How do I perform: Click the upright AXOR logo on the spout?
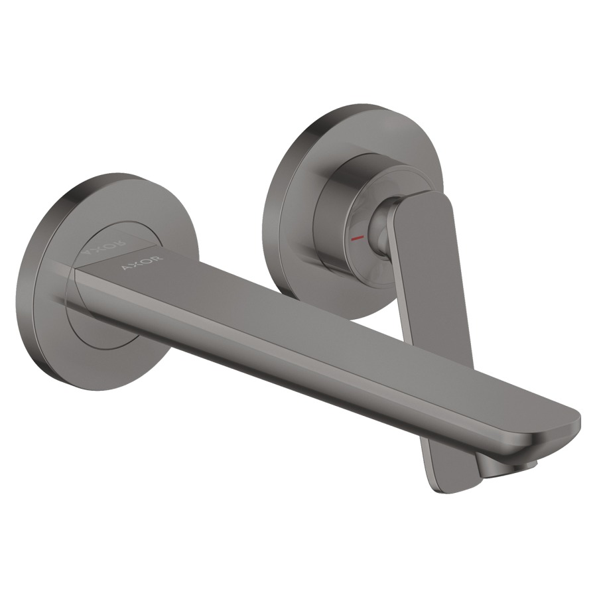pos(143,262)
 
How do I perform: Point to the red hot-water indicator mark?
pos(358,238)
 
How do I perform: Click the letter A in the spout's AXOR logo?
pos(127,266)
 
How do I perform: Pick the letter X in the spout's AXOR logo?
pos(137,263)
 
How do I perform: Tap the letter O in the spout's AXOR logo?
pos(147,261)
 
